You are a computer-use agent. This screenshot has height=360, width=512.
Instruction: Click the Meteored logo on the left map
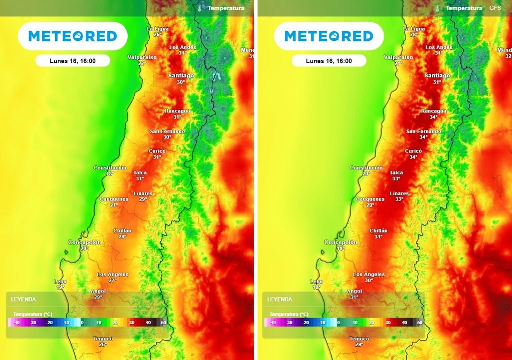point(73,36)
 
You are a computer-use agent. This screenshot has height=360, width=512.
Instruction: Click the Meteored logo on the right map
point(329,36)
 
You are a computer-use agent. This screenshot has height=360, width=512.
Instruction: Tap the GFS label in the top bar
point(495,8)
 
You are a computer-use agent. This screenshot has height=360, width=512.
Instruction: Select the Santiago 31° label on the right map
point(437,78)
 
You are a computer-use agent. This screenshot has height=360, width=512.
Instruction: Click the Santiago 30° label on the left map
point(181,78)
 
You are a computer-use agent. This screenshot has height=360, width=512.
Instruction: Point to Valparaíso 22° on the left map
point(142,60)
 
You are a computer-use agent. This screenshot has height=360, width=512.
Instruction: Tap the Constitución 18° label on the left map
point(110,171)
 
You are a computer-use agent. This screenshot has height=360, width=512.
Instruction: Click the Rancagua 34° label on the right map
point(433,114)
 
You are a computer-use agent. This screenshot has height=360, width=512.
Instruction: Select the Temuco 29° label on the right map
point(359,342)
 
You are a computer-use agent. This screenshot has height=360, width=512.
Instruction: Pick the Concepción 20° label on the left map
point(84,245)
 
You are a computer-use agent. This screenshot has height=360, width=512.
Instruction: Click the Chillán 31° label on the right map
point(378,233)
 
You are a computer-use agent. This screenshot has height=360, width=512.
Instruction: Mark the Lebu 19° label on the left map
point(60,284)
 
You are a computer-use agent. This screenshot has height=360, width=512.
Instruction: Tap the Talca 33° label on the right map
point(396,175)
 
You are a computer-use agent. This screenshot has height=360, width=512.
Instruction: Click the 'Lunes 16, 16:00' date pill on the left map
point(73,61)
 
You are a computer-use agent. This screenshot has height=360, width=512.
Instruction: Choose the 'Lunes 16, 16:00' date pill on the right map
point(329,61)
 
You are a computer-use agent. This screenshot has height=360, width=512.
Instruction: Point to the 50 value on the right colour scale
point(420,323)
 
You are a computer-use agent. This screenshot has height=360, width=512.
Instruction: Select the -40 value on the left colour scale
point(17,323)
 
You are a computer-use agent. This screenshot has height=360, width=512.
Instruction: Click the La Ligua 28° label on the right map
point(414,32)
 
